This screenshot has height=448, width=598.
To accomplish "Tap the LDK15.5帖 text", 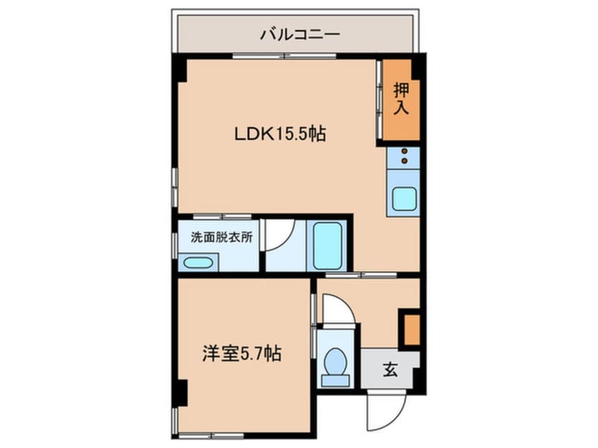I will [280, 134].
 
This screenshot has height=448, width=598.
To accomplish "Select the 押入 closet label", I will [401, 99].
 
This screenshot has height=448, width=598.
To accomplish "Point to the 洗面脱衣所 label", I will [221, 238].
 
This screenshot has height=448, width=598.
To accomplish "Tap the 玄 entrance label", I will [390, 368].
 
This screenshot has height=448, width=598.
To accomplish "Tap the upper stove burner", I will [404, 151].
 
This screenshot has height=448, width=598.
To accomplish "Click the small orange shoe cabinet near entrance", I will [411, 329].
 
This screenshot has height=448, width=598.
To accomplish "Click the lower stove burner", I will [404, 162].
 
